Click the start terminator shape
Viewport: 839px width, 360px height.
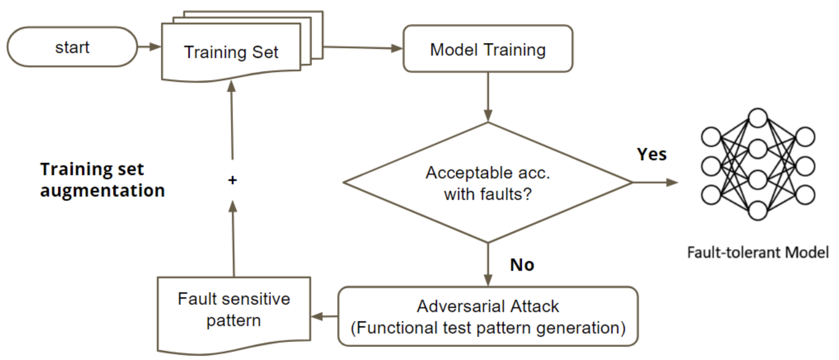(x=72, y=47)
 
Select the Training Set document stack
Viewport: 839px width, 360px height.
(x=231, y=52)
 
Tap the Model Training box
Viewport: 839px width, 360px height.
(x=488, y=49)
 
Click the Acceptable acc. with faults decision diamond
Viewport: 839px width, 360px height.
(x=488, y=183)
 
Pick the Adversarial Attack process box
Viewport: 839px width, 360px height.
(x=488, y=317)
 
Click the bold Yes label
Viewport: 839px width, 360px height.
(x=652, y=154)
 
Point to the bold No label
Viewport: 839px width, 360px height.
(x=522, y=265)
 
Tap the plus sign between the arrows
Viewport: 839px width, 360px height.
(x=232, y=180)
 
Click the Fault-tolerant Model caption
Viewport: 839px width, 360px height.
(x=758, y=253)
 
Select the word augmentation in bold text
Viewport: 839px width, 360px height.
(x=102, y=191)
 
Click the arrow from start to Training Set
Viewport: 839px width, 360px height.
(x=149, y=47)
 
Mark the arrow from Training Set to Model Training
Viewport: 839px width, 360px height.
(x=362, y=47)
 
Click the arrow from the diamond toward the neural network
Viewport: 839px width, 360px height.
(x=655, y=182)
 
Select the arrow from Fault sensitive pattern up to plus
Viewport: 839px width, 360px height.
(x=233, y=239)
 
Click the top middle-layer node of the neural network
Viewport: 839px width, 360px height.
(x=757, y=118)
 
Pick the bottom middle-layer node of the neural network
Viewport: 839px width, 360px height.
(x=757, y=211)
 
